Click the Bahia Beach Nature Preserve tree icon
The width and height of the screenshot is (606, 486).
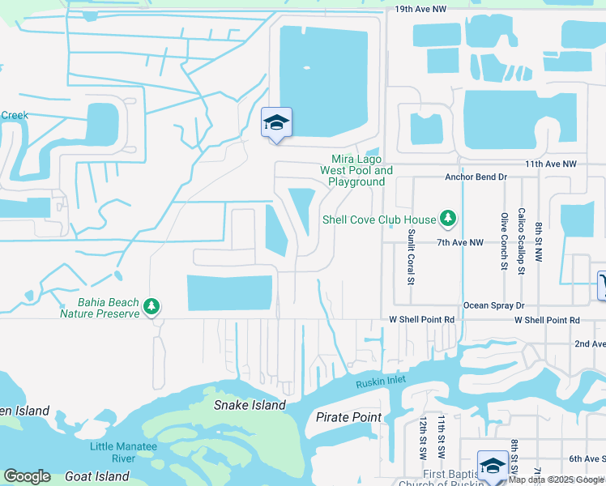coord(151,307)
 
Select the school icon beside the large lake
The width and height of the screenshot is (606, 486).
coord(276,123)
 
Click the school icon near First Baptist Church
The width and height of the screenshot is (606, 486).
coord(492,466)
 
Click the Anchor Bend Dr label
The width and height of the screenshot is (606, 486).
coord(476,177)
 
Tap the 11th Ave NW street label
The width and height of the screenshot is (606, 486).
coord(550,164)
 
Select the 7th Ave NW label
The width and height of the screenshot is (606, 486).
coord(459,242)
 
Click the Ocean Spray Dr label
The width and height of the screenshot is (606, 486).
coord(494,305)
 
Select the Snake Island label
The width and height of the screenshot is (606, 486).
coord(250,405)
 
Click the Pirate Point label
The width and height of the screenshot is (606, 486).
coord(348,417)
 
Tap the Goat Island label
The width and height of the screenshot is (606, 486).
coord(100,476)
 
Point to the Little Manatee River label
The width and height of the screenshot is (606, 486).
coord(112,453)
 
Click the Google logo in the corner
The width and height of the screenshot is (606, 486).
coord(27,476)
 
